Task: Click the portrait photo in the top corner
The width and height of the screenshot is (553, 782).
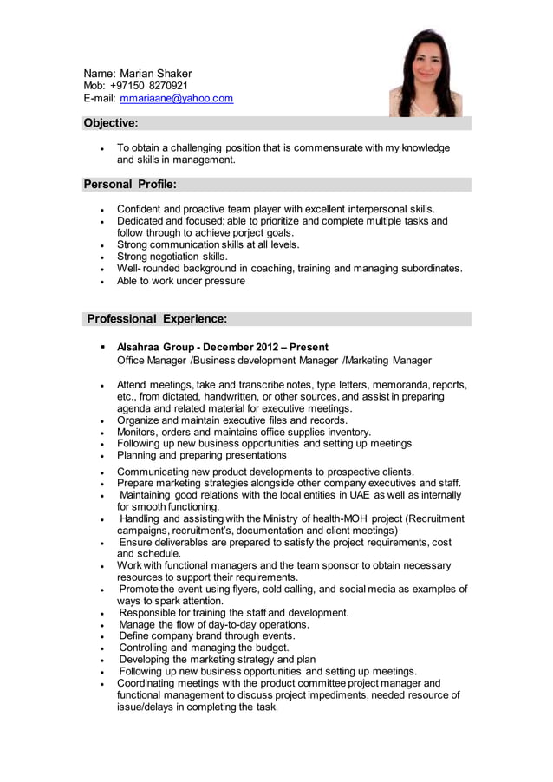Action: pyautogui.click(x=425, y=73)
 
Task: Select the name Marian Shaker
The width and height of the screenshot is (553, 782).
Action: pyautogui.click(x=156, y=73)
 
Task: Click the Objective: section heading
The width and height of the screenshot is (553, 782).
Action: pyautogui.click(x=110, y=123)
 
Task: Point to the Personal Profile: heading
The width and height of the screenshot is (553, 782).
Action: pyautogui.click(x=130, y=184)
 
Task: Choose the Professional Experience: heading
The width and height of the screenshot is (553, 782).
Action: pyautogui.click(x=157, y=319)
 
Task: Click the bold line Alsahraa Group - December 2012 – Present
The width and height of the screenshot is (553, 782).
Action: pyautogui.click(x=223, y=347)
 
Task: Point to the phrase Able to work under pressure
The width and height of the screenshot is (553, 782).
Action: pyautogui.click(x=181, y=281)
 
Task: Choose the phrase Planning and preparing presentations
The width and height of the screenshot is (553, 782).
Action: pyautogui.click(x=202, y=455)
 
